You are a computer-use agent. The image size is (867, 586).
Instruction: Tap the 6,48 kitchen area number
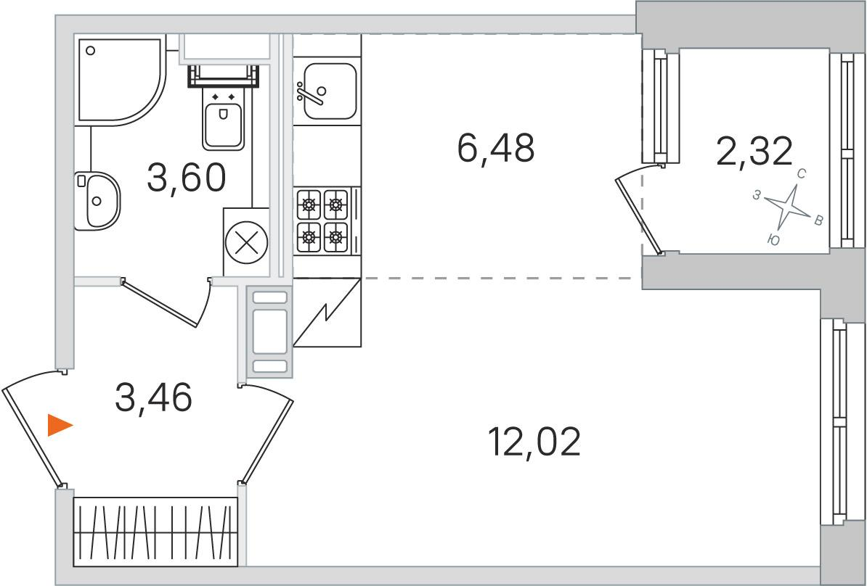click(x=496, y=148)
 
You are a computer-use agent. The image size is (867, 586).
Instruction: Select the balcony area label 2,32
click(x=754, y=152)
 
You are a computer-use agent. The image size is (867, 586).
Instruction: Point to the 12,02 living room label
click(x=534, y=442)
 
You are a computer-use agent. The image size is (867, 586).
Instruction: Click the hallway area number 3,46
click(x=154, y=397)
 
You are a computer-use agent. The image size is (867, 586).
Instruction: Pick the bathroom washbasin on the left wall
click(x=97, y=201)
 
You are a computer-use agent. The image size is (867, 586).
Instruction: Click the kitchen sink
click(x=327, y=91)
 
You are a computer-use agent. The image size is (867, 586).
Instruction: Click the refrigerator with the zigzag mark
click(x=327, y=313)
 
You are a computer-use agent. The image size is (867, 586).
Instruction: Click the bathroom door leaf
click(x=159, y=305)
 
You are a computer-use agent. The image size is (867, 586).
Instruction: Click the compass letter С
click(x=801, y=174)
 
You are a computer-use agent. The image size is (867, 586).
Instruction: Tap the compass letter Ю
click(x=774, y=240)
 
